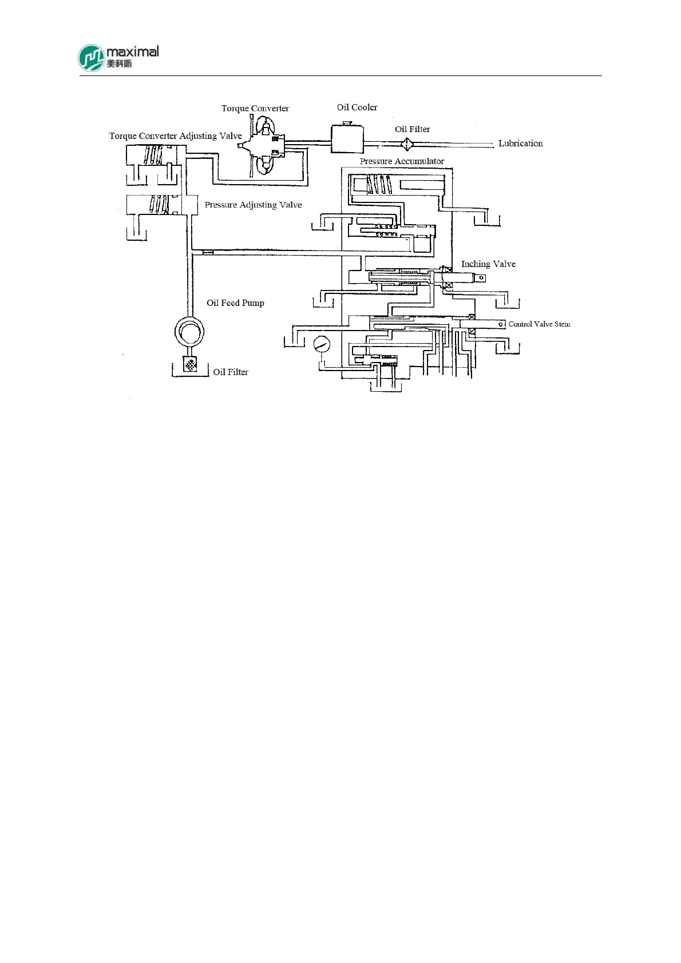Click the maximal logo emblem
92,58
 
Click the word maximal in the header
133,51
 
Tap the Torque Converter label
255,108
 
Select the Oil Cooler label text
357,107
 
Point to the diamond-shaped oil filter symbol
406,143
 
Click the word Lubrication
520,143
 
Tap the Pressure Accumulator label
402,161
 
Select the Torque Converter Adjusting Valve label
176,136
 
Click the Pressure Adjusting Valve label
253,205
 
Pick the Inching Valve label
488,264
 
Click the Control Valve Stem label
539,324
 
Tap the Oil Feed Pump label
235,303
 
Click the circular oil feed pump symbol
189,331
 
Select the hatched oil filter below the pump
190,364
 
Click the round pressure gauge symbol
322,344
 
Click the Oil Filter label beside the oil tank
231,372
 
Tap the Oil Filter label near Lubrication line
412,129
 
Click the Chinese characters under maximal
119,63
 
